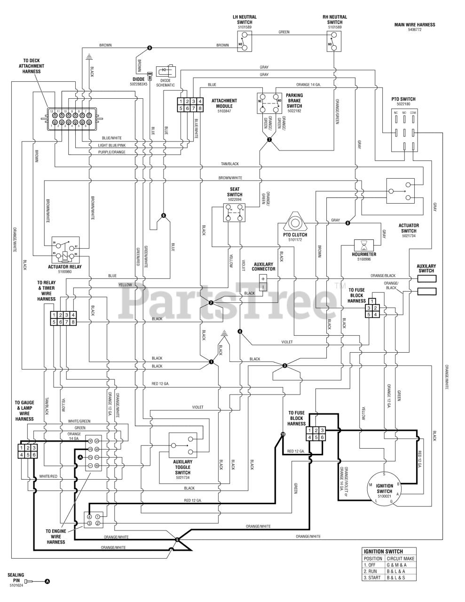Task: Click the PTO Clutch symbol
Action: (x=295, y=221)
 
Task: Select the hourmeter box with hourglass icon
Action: (x=364, y=245)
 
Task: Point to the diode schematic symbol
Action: (x=166, y=71)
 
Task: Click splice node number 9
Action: (x=150, y=48)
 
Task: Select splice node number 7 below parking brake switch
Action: (x=269, y=140)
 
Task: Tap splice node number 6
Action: (x=163, y=215)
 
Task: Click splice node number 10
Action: (x=283, y=434)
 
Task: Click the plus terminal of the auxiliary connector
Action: (x=262, y=278)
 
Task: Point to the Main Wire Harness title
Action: (x=414, y=25)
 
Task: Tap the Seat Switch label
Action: (x=234, y=191)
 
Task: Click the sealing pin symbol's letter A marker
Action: (x=47, y=581)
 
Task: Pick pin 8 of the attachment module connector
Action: (x=200, y=108)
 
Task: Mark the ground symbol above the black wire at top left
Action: (x=88, y=56)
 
